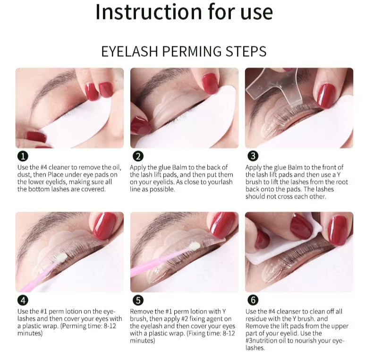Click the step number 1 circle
click(23, 156)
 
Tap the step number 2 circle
click(138, 156)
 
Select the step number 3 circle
click(253, 156)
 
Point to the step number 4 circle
click(23, 300)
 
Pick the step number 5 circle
click(138, 300)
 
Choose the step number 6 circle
click(253, 300)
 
